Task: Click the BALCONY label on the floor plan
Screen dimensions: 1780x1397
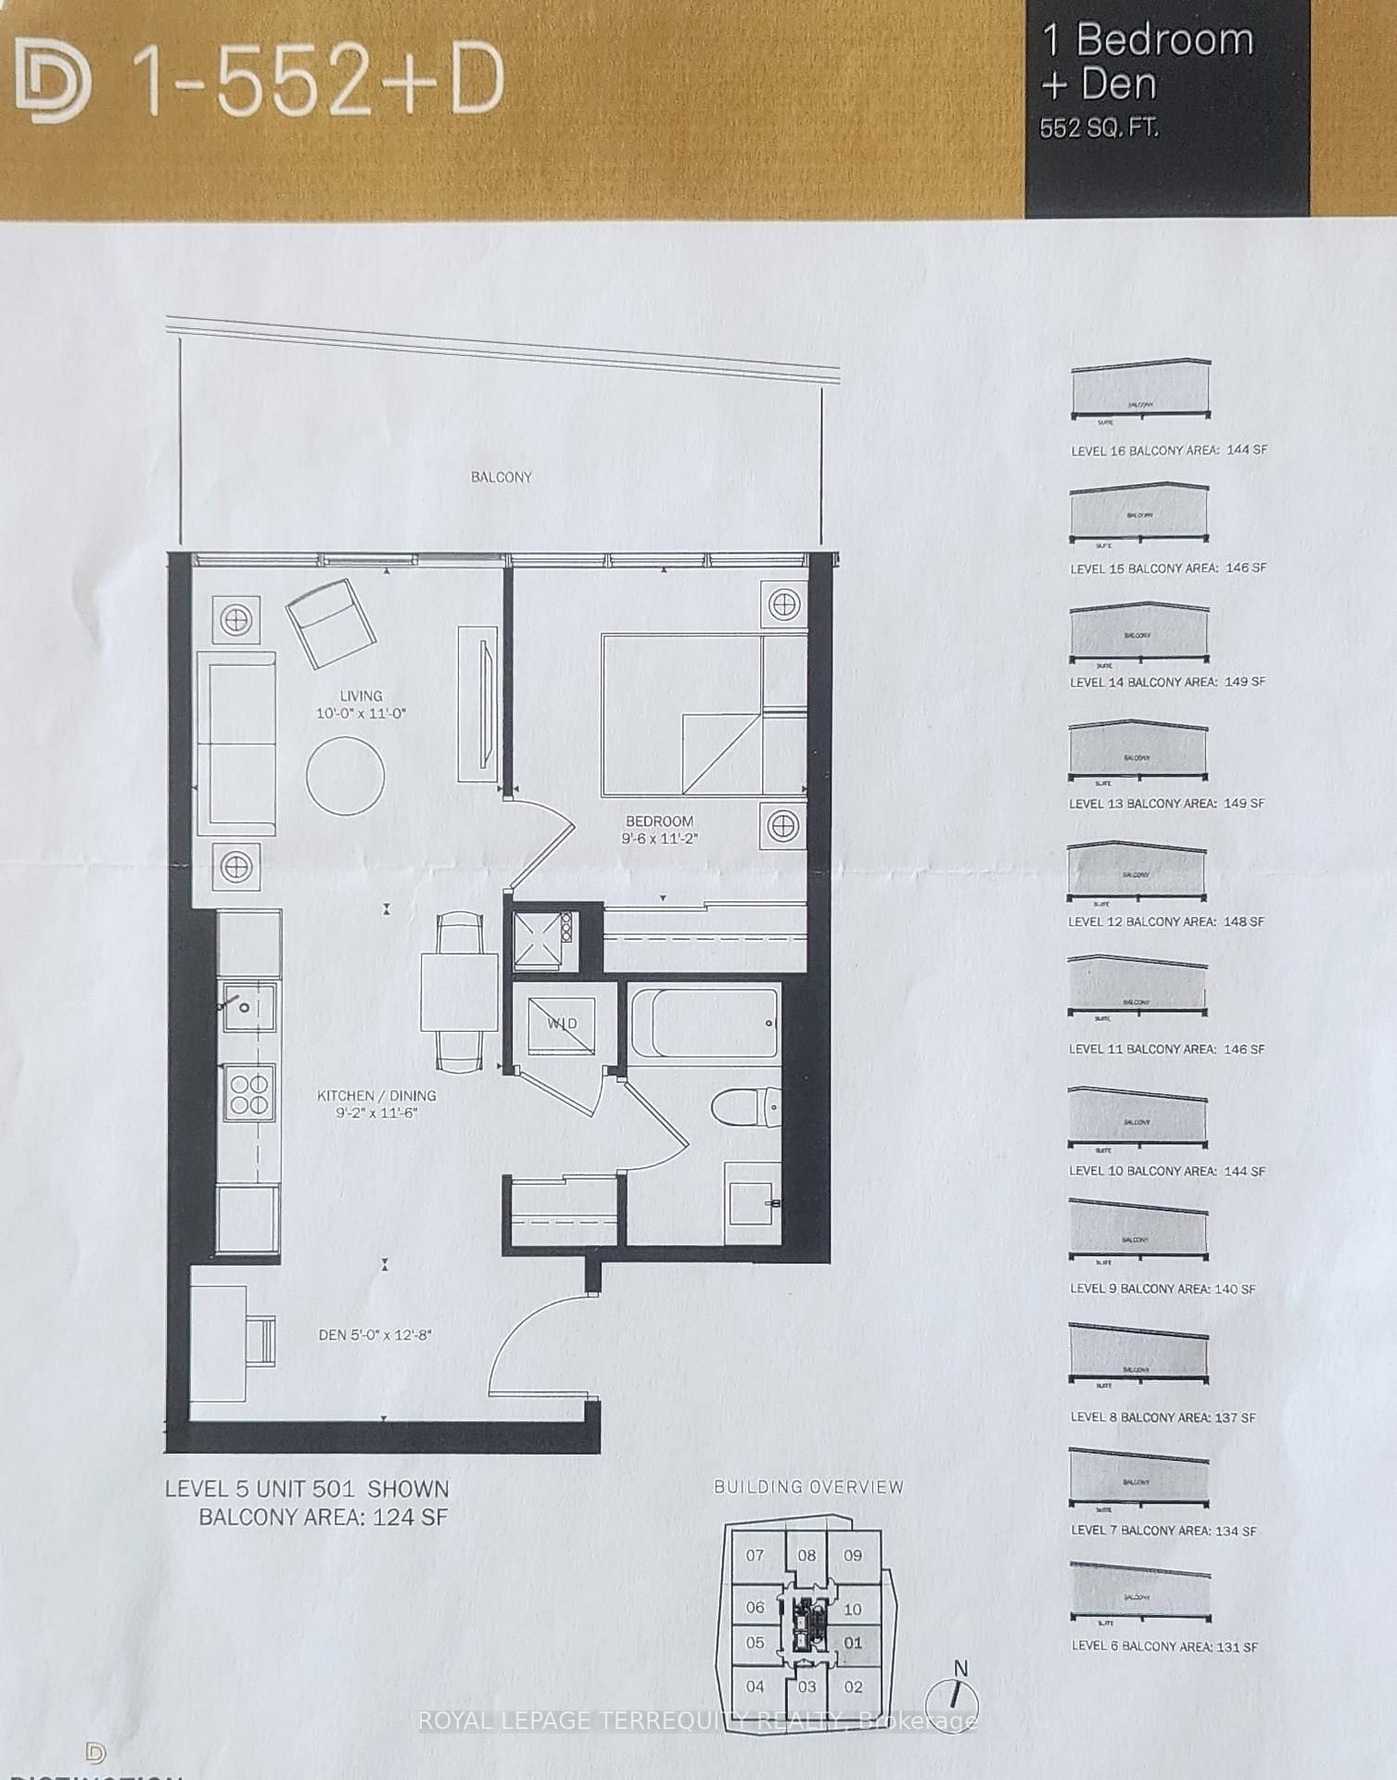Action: (502, 477)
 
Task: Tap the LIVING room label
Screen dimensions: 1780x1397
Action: (361, 696)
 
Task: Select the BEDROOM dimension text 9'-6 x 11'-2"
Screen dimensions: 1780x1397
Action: (659, 839)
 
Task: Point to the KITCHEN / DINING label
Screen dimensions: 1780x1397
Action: (376, 1096)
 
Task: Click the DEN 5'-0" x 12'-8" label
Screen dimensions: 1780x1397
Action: (375, 1335)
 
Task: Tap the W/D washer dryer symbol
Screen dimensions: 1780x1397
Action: (562, 1023)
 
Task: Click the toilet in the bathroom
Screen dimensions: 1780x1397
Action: (746, 1107)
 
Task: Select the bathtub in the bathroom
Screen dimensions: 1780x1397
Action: (705, 1023)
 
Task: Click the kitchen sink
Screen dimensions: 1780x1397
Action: (248, 1007)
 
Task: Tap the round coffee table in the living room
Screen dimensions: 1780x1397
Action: (345, 776)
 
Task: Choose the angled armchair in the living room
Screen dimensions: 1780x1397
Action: (331, 623)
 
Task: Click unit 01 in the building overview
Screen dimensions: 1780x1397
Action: (853, 1643)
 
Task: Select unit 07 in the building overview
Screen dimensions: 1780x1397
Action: (755, 1556)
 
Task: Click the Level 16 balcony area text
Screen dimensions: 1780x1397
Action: (1168, 451)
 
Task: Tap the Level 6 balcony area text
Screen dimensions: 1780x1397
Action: (1164, 1646)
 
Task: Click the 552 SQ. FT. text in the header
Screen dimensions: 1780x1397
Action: (1099, 129)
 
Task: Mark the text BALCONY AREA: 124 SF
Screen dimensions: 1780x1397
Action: (323, 1518)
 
